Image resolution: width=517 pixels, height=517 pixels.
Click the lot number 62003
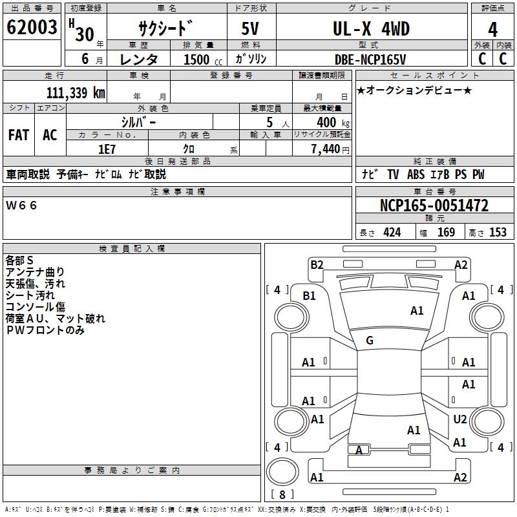pos(32,28)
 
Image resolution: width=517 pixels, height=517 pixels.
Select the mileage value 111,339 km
pos(75,92)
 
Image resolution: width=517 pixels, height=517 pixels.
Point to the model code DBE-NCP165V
pos(371,59)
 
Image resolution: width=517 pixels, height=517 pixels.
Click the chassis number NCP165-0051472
pos(434,206)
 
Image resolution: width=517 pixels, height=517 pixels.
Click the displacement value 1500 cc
pos(202,59)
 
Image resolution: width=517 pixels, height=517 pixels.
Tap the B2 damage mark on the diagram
pos(317,264)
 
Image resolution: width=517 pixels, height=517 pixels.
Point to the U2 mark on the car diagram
pos(460,419)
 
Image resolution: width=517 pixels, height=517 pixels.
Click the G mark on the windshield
pos(370,340)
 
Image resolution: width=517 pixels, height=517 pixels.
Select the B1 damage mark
pos(310,295)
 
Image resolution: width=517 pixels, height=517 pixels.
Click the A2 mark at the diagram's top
pos(461,264)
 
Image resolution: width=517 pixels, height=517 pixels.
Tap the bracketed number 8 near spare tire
pos(282,495)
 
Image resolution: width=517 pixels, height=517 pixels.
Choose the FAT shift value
pos(18,134)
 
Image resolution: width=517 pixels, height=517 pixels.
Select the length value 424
pos(392,232)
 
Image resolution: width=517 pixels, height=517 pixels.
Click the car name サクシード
pos(165,29)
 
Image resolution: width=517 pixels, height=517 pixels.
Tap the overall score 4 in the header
pos(493,29)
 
